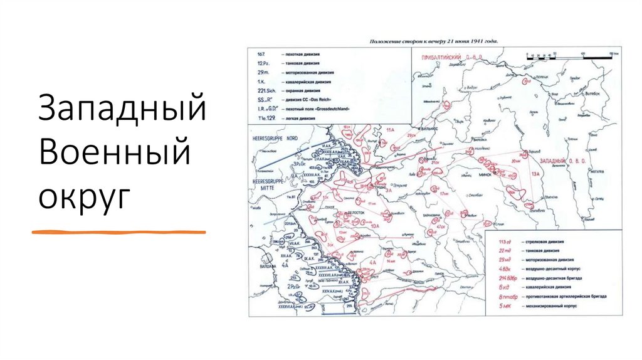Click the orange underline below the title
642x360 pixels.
pos(119,232)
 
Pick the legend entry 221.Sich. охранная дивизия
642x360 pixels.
pos(295,91)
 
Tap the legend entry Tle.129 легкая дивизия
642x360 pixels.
pos(292,118)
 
